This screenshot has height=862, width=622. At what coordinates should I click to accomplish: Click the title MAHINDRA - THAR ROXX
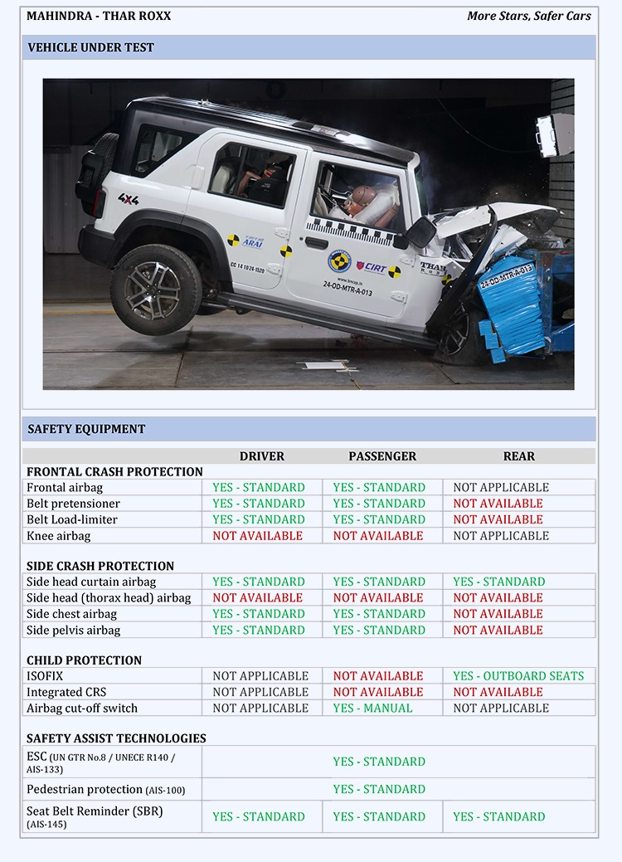click(99, 16)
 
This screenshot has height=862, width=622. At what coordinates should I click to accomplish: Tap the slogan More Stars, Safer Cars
click(529, 16)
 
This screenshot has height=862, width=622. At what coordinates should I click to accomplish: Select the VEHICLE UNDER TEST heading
click(91, 47)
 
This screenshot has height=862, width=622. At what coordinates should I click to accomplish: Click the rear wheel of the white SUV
click(156, 288)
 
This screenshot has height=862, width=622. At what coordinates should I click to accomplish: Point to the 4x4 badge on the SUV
click(128, 199)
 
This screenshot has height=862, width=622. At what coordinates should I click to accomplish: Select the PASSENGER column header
click(382, 456)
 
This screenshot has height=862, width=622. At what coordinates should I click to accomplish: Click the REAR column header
click(519, 456)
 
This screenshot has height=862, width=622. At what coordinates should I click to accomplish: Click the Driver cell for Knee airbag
click(258, 536)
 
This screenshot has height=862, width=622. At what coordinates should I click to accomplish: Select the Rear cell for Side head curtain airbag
click(499, 582)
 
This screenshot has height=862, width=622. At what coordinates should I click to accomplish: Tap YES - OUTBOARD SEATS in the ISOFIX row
click(518, 676)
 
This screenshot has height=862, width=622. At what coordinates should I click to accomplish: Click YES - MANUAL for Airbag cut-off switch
click(372, 709)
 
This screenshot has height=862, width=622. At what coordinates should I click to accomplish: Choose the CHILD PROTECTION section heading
click(84, 660)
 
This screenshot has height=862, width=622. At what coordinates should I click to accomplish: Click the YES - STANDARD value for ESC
click(379, 762)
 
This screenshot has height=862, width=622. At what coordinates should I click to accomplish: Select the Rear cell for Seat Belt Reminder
click(499, 817)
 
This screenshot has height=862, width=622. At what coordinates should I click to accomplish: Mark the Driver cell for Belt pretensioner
click(259, 504)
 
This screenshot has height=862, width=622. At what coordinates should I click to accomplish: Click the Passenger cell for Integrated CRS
click(378, 692)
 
